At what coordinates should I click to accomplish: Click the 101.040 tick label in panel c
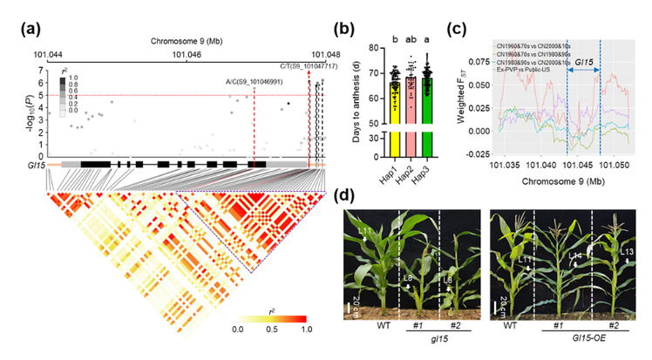(x=541, y=163)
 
